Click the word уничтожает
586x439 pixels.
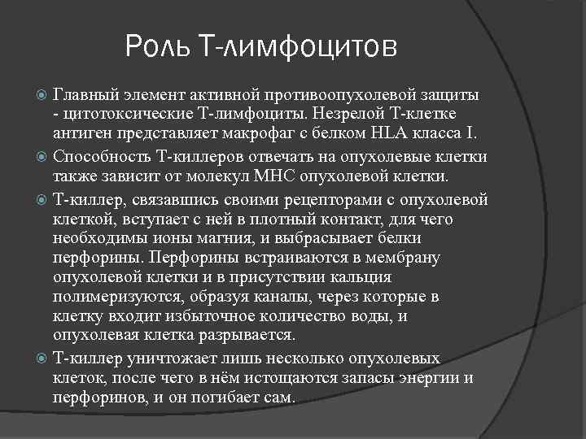point(163,358)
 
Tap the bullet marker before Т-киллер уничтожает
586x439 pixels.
point(43,359)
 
